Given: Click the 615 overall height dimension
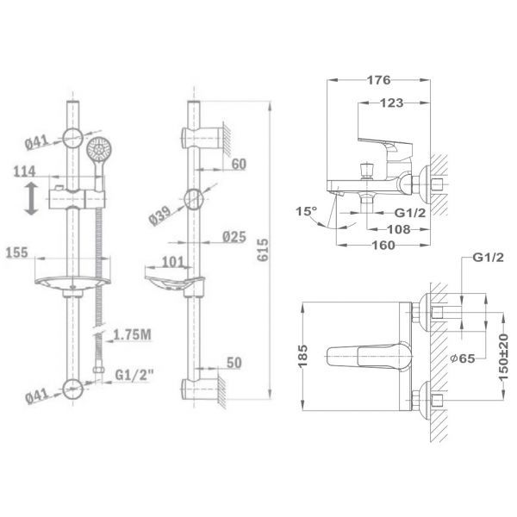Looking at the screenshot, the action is pyautogui.click(x=263, y=250).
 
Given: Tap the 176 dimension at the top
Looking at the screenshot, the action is pyautogui.click(x=378, y=80).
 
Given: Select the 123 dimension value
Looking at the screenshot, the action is pyautogui.click(x=392, y=103).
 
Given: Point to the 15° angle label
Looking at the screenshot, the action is pyautogui.click(x=306, y=211).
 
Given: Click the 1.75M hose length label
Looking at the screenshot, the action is pyautogui.click(x=132, y=335).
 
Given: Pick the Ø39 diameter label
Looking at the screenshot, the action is pyautogui.click(x=159, y=216).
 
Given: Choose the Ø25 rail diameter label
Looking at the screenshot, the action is pyautogui.click(x=234, y=237).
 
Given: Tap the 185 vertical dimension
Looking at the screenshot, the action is pyautogui.click(x=302, y=356).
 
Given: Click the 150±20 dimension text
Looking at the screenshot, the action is pyautogui.click(x=503, y=358).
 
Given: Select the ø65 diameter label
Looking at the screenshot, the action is pyautogui.click(x=463, y=358).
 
